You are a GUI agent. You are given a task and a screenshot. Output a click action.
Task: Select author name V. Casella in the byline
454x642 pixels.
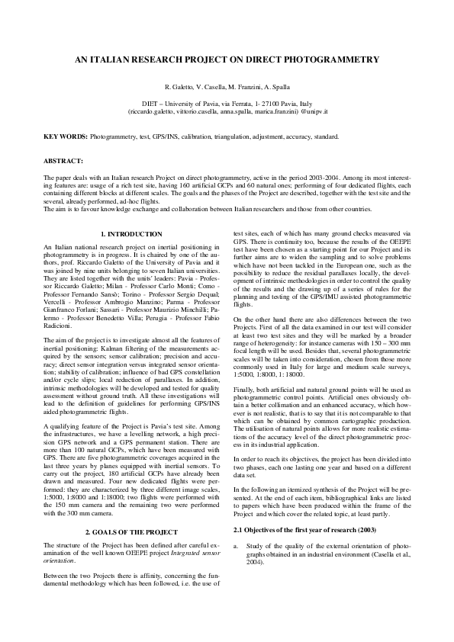click(x=209, y=88)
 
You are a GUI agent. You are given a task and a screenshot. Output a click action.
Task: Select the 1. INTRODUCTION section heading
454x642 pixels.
click(x=131, y=234)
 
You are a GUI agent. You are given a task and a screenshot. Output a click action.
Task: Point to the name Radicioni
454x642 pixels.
click(x=63, y=318)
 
